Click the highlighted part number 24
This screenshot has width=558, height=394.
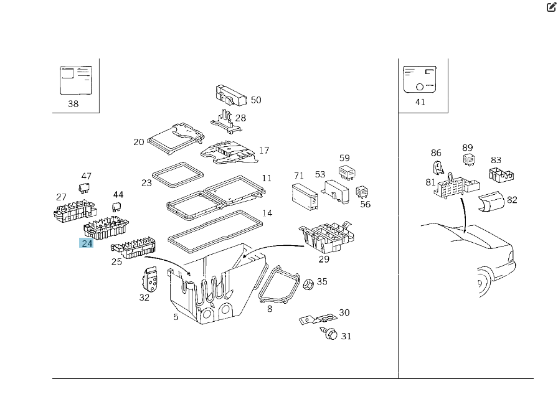point(87,243)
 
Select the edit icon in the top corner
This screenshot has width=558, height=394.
point(551,8)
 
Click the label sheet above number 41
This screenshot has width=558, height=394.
point(420,80)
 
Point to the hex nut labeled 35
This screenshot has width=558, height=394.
point(307,284)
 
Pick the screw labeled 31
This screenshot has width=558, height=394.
point(331,335)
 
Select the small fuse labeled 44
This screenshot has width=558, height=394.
point(116,206)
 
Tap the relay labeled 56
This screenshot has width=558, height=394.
point(362,192)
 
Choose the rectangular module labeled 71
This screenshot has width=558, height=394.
point(305,194)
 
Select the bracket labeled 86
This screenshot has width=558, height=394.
point(438,167)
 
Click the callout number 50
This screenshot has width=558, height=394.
point(256,100)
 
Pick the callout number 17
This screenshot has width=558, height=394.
point(264,150)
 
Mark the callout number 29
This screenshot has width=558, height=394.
point(324,259)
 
